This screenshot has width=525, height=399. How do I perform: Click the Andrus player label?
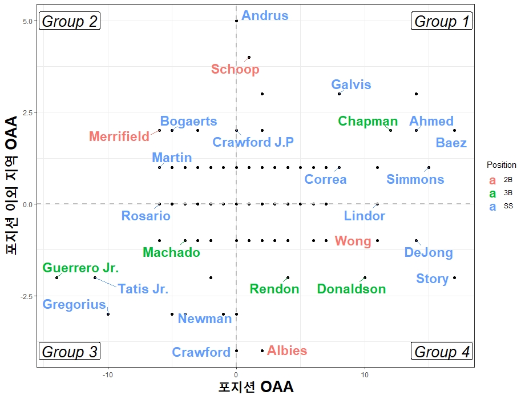(x=265, y=15)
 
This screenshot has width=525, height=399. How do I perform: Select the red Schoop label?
(x=235, y=70)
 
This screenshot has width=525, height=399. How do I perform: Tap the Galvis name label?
(x=351, y=85)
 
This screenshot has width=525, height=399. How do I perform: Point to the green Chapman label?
(x=367, y=121)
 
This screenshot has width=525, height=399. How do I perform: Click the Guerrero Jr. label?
(x=80, y=268)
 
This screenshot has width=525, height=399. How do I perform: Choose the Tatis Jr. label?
(x=143, y=289)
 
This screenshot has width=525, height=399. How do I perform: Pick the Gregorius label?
(x=75, y=304)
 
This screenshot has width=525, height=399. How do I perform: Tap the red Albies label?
(x=287, y=350)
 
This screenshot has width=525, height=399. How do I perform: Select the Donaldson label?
(x=352, y=289)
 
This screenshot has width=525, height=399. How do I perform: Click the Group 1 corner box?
(x=442, y=22)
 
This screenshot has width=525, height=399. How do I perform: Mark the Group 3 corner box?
(x=70, y=352)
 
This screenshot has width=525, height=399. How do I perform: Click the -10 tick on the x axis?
(x=108, y=374)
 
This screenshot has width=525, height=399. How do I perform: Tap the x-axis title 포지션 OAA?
(x=256, y=388)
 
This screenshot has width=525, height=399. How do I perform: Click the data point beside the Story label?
(x=454, y=278)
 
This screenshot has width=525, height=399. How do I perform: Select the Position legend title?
(x=501, y=165)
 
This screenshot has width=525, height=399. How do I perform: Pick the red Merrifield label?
(x=119, y=136)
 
